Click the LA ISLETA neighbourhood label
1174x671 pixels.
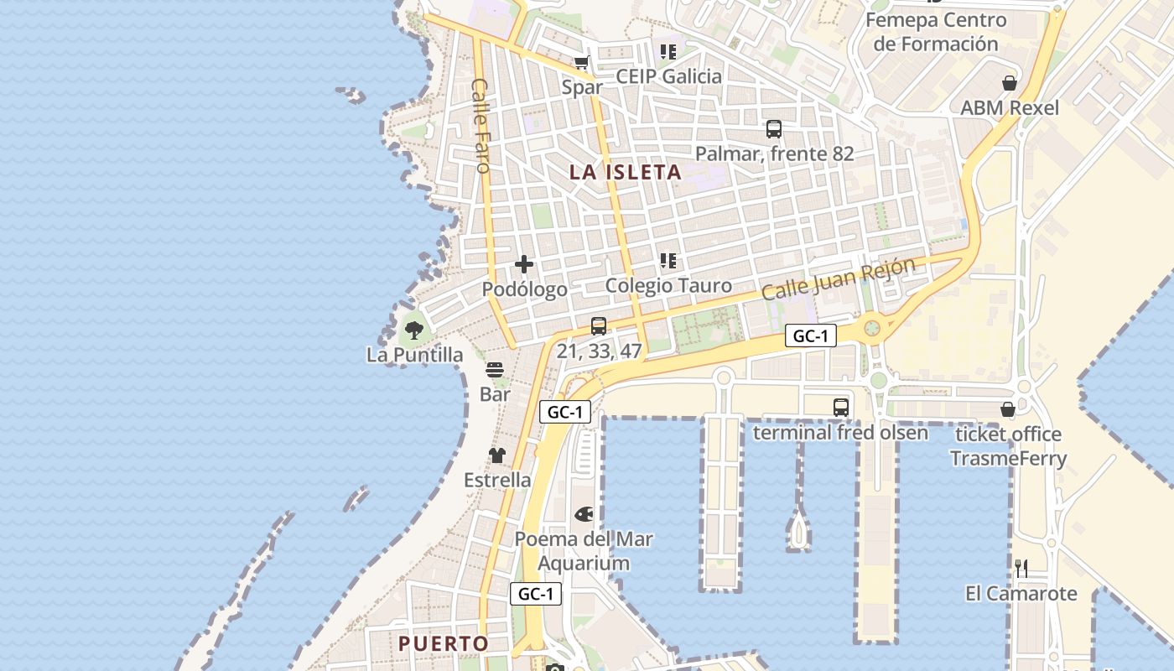[625, 173]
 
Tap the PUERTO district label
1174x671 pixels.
[443, 643]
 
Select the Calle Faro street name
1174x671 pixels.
[481, 125]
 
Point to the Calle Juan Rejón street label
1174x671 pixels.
[838, 279]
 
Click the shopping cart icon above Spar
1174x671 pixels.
[582, 62]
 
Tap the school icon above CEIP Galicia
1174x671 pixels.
[668, 52]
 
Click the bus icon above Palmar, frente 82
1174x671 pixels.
[774, 129]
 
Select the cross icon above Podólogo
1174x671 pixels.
[524, 265]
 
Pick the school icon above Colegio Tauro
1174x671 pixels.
[668, 261]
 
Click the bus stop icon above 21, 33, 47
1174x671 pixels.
[599, 326]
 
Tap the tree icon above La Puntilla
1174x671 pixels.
[413, 330]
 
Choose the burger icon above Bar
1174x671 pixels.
[495, 370]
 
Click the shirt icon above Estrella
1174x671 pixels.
[497, 455]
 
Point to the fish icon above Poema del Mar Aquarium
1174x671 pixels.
[584, 513]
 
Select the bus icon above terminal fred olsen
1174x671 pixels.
[841, 408]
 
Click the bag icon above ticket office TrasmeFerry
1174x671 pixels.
[1008, 409]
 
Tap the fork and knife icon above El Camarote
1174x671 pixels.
[1021, 569]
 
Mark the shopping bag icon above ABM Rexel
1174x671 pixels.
[1010, 83]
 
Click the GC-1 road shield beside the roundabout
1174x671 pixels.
[811, 336]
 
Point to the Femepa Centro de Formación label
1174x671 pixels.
[936, 32]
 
